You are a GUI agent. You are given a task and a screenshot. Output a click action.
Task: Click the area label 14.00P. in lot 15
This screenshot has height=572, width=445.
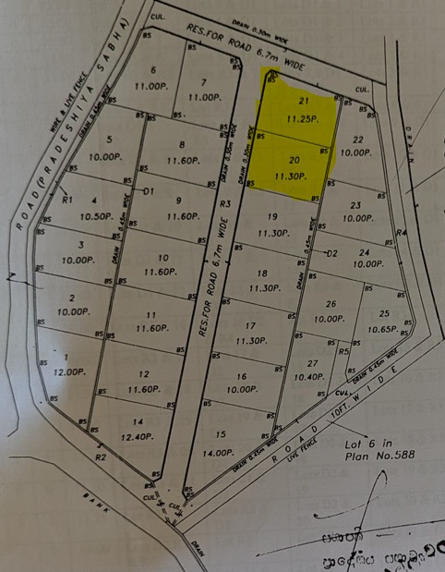point(219,453)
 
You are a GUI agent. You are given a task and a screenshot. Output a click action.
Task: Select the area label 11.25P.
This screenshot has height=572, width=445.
point(301,118)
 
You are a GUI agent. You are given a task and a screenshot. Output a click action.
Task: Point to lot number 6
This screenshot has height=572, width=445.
point(152,69)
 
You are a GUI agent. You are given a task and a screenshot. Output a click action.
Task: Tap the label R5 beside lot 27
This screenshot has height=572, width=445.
point(343,351)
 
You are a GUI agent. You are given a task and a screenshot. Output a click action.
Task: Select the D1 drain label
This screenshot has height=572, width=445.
point(147,190)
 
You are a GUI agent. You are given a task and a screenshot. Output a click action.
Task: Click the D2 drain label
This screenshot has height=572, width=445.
point(332,253)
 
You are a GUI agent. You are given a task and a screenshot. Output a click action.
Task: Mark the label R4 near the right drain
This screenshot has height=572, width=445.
point(401,232)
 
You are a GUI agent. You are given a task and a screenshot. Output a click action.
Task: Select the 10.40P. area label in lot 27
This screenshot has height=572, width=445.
point(308,377)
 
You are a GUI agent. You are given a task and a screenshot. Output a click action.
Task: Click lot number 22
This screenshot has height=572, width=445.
point(358,140)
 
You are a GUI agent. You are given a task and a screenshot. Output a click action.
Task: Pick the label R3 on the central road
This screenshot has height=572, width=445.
point(224,204)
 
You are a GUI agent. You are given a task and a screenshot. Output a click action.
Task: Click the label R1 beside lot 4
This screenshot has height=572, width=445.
point(66,199)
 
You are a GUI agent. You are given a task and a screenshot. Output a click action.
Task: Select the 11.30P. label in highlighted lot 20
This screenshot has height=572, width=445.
point(294,175)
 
